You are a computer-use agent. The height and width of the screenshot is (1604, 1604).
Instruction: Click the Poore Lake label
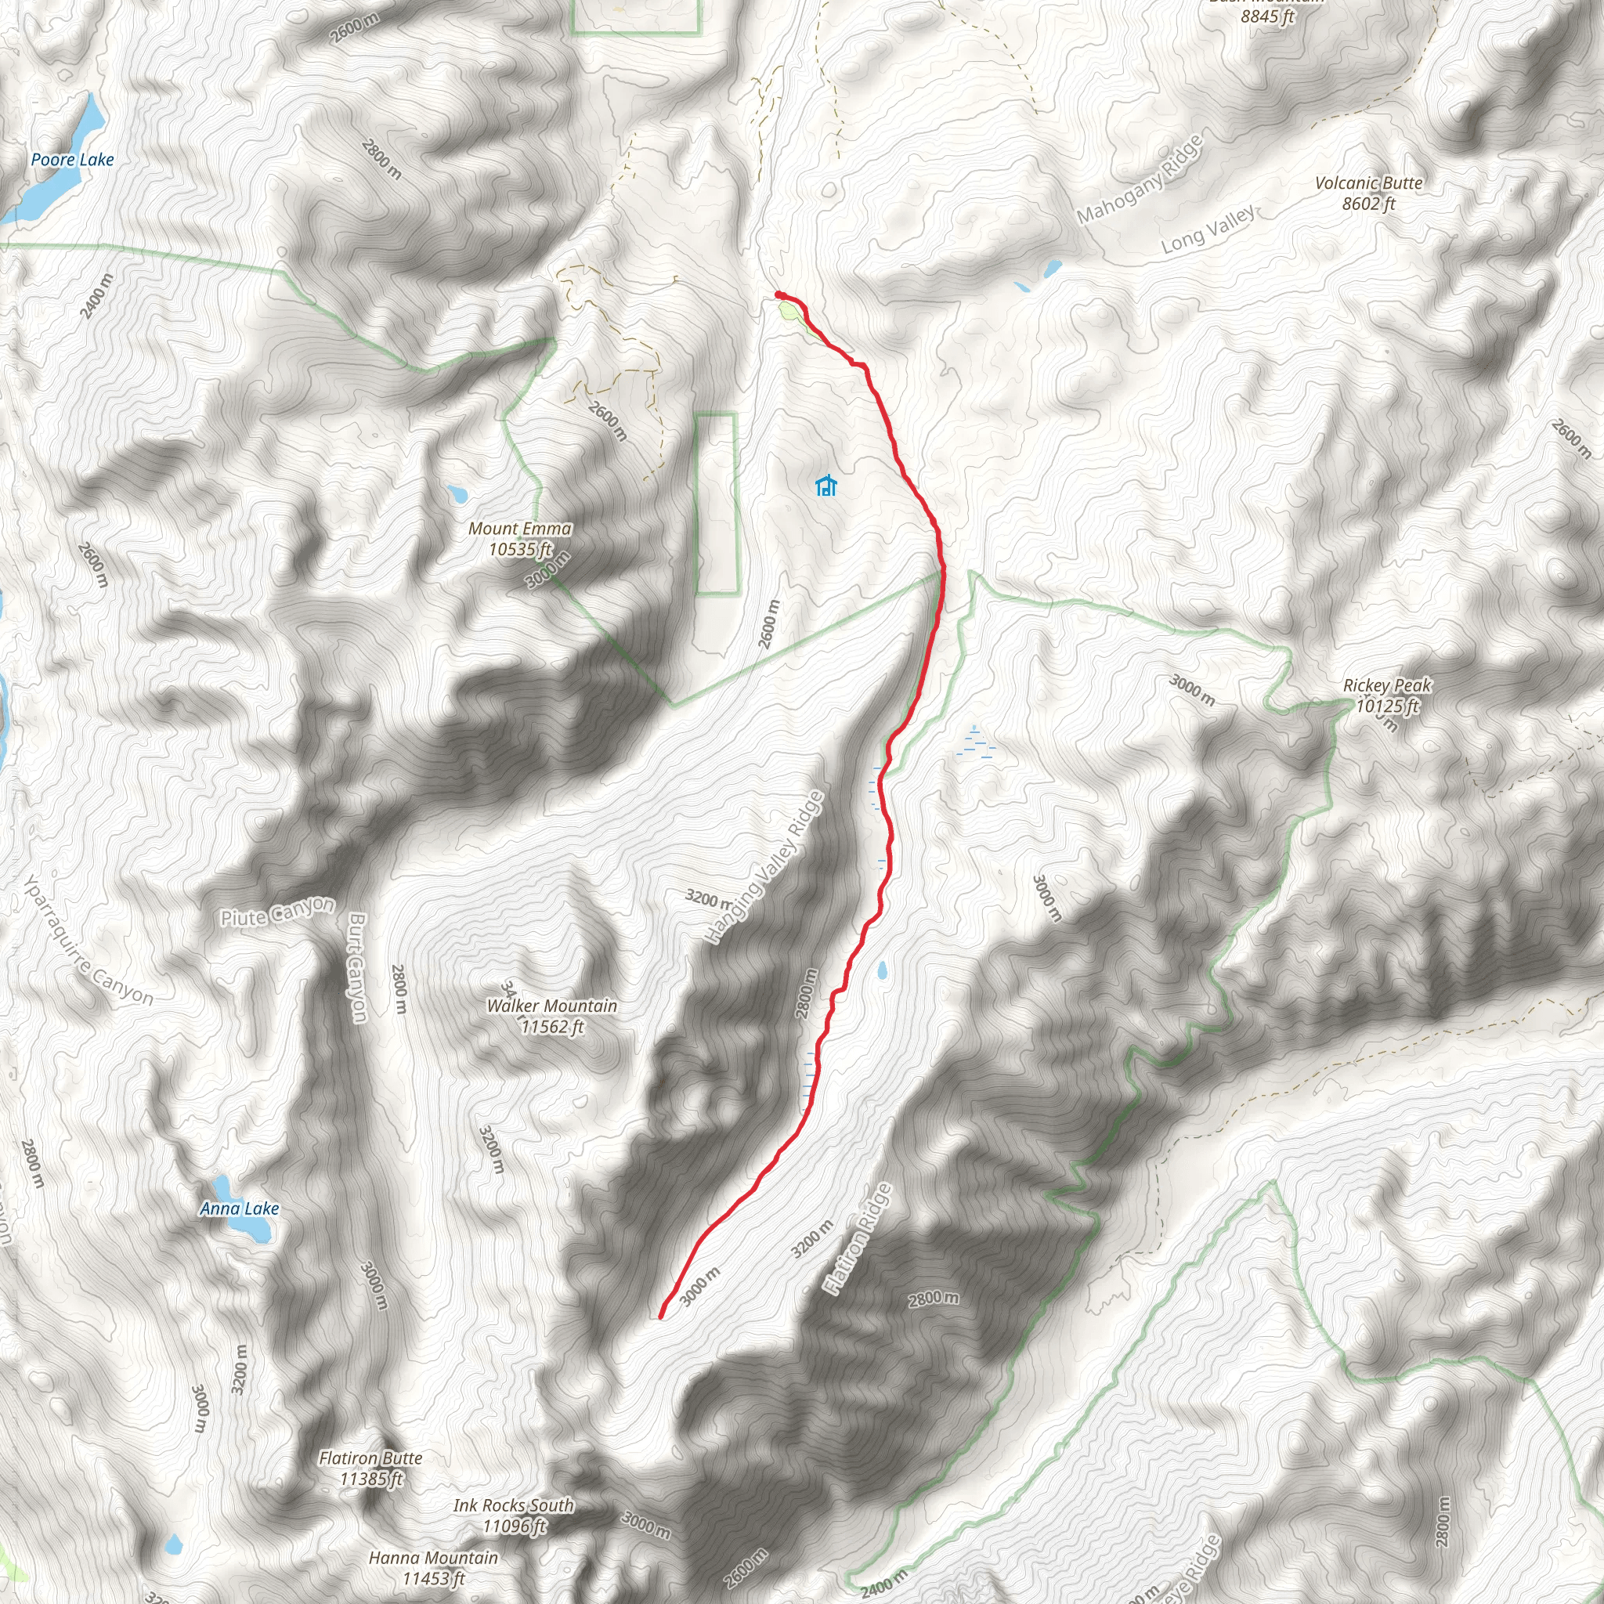[x=72, y=160]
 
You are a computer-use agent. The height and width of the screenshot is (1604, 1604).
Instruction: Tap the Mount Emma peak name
[x=520, y=529]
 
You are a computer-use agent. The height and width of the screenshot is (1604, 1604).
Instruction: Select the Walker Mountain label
[x=551, y=1006]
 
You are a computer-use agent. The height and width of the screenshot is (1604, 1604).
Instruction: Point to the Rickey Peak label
[x=1387, y=686]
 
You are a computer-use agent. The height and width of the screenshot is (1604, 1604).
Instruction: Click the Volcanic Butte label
[x=1368, y=183]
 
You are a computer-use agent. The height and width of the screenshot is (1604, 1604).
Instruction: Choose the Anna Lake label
[x=239, y=1208]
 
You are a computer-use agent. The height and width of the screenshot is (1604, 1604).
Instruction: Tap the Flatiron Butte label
[x=370, y=1458]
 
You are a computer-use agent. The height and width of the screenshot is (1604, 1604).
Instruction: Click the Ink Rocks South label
[x=513, y=1505]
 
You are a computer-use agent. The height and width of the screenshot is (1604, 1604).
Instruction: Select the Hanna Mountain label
[x=433, y=1558]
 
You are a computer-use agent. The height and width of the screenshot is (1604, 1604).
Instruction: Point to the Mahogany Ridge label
[x=1140, y=179]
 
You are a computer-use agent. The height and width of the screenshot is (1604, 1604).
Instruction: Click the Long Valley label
[x=1208, y=230]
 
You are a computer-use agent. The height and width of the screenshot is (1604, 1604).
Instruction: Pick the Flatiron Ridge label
[x=858, y=1239]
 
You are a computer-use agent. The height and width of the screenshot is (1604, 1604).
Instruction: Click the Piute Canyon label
[x=277, y=912]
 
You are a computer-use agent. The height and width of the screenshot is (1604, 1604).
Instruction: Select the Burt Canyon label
[x=357, y=968]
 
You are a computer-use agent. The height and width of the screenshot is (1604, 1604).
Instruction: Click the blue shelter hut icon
[x=825, y=486]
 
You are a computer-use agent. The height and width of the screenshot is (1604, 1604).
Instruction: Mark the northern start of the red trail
[x=778, y=294]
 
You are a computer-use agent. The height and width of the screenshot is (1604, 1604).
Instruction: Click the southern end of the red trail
[x=661, y=1316]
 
